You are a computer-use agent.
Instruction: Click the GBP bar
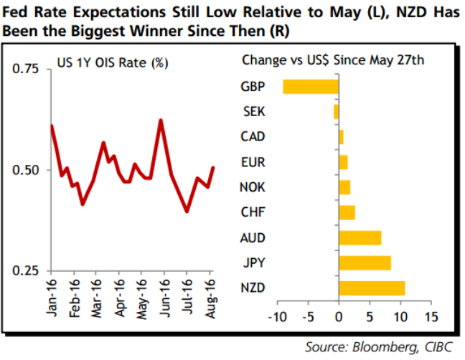[x=311, y=87]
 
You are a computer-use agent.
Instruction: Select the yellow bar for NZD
[x=372, y=288]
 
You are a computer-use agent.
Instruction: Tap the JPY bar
[x=365, y=263]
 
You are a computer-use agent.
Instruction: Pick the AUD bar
[x=360, y=237]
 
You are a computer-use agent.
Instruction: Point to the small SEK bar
[x=336, y=112]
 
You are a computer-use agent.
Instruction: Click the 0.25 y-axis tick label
[x=26, y=270]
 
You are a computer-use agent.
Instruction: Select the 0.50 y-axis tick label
[x=26, y=170]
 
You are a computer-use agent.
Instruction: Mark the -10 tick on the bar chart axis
[x=276, y=316]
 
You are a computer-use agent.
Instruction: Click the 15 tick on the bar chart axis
[x=431, y=316]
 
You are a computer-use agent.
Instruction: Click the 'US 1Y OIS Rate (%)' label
[x=112, y=63]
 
